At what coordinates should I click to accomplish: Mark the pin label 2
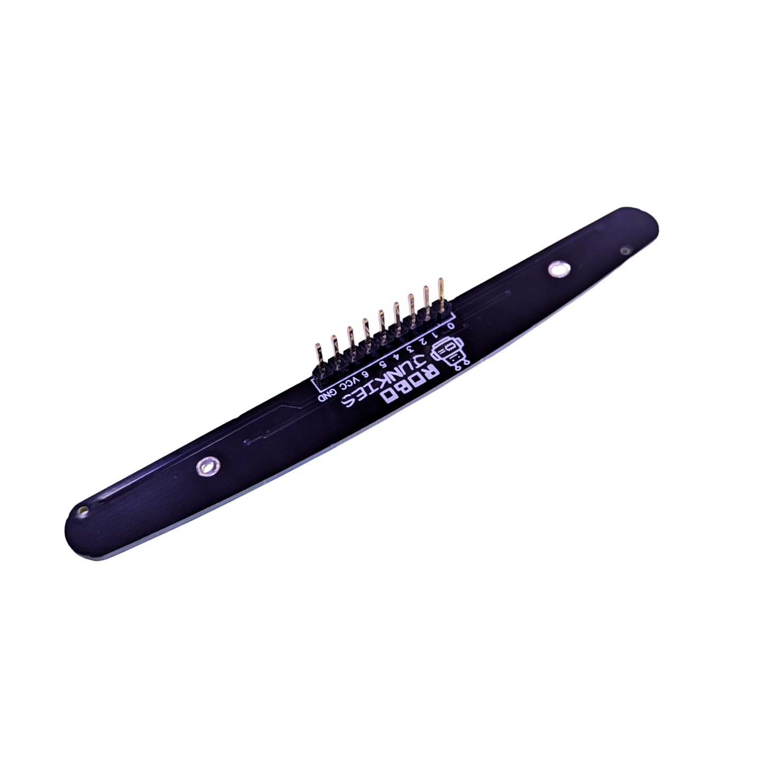pyautogui.click(x=422, y=342)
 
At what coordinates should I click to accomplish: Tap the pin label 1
pyautogui.click(x=436, y=334)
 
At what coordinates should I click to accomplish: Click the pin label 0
pyautogui.click(x=450, y=327)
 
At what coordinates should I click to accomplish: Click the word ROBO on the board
pyautogui.click(x=407, y=383)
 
